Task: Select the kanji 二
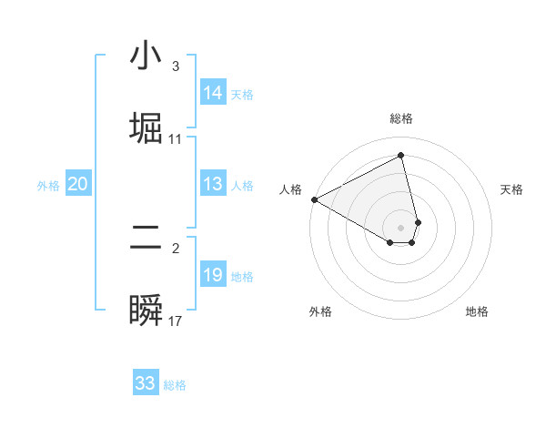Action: click(146, 239)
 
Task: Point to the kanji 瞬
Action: click(146, 310)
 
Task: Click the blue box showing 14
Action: click(213, 93)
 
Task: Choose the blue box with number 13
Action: click(213, 185)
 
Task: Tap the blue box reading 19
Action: click(213, 275)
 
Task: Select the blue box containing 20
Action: click(77, 185)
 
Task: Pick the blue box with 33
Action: click(146, 383)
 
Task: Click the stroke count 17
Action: click(176, 321)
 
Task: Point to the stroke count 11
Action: click(176, 139)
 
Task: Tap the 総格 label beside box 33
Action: click(175, 385)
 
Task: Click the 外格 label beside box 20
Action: click(48, 186)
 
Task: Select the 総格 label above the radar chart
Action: click(401, 118)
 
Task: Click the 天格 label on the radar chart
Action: click(511, 189)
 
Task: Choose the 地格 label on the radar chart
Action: click(477, 311)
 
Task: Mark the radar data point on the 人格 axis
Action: click(314, 199)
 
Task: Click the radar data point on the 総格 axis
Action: click(401, 156)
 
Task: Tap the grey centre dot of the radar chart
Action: click(401, 227)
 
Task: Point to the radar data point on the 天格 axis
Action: click(418, 221)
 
